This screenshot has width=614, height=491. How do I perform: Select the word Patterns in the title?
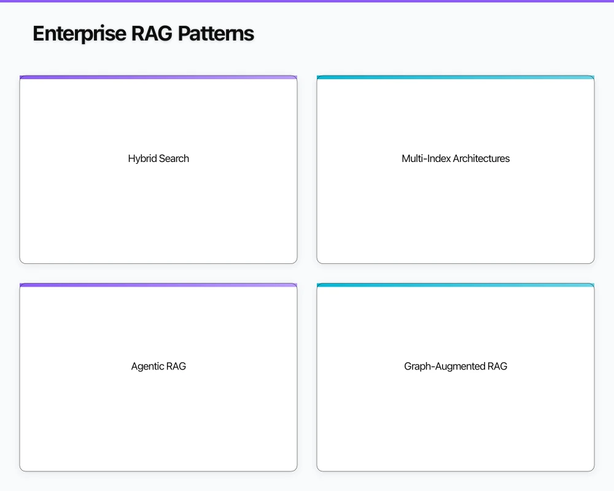[216, 34]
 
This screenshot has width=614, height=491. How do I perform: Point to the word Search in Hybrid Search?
[174, 158]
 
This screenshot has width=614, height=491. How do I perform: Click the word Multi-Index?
[426, 158]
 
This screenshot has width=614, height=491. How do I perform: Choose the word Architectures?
[481, 158]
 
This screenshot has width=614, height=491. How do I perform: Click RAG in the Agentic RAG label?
[176, 366]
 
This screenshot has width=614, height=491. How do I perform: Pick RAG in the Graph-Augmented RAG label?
[497, 366]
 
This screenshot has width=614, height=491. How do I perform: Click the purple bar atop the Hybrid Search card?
[158, 77]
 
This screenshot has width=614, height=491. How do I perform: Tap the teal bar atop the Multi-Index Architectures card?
[456, 77]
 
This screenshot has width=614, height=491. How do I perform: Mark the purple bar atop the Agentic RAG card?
[158, 285]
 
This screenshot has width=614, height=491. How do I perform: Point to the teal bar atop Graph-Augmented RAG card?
[456, 285]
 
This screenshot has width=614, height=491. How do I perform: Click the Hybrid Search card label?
[158, 158]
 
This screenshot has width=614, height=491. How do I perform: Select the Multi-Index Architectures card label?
[456, 158]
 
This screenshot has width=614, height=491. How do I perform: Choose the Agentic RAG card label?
[158, 366]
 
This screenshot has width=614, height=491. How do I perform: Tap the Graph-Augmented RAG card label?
[456, 366]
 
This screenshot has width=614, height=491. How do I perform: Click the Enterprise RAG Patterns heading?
[143, 34]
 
